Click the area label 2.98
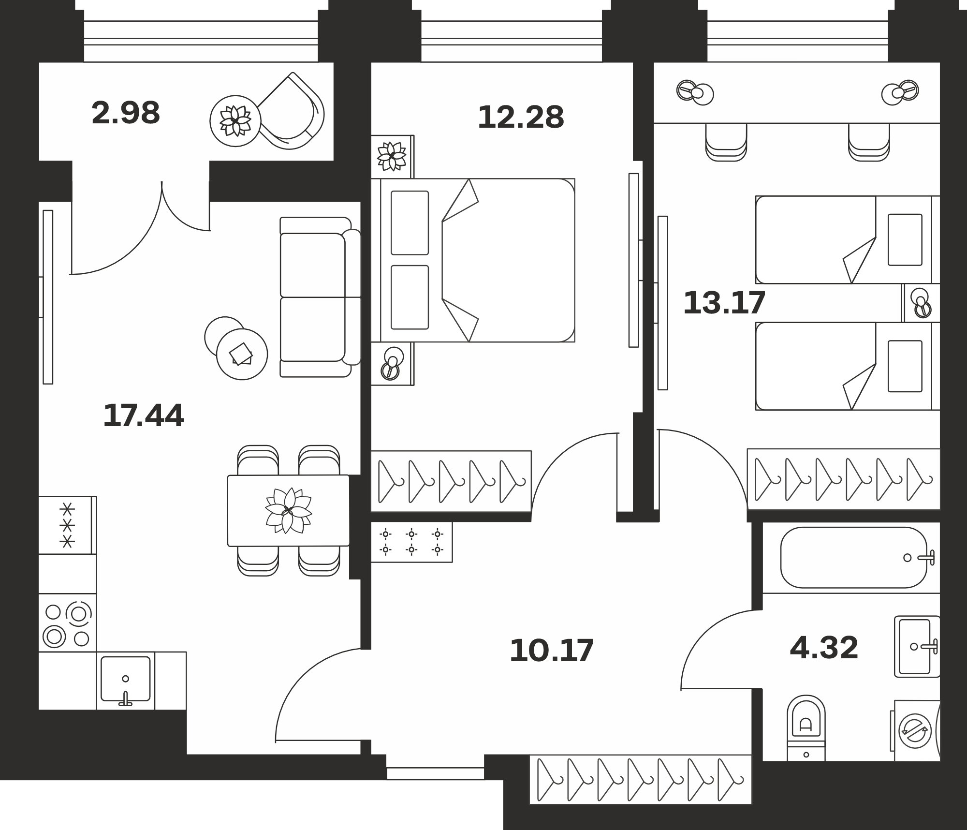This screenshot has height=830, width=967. [126, 113]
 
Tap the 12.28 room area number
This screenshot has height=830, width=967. [521, 118]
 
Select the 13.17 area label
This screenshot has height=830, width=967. [724, 302]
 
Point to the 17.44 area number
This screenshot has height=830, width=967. [144, 415]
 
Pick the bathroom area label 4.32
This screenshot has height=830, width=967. [824, 648]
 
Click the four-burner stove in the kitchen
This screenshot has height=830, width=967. [67, 623]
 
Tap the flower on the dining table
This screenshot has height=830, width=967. [289, 510]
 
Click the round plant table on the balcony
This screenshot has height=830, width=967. [235, 120]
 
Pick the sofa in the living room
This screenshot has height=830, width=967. [320, 297]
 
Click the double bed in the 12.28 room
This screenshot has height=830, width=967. [473, 260]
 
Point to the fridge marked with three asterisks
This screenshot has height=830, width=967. [67, 525]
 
